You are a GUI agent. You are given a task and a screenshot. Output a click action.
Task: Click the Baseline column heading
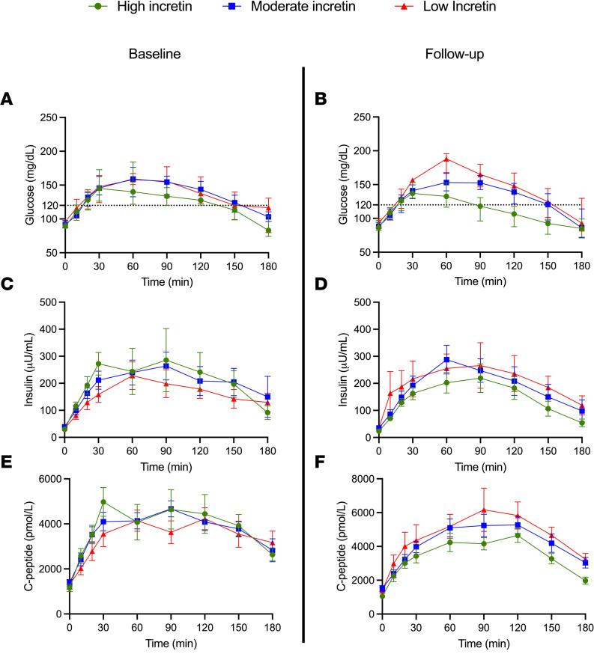(x=154, y=55)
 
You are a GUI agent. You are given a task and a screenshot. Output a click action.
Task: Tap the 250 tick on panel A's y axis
(x=50, y=117)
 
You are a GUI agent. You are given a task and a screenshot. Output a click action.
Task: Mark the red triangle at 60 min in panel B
(x=446, y=159)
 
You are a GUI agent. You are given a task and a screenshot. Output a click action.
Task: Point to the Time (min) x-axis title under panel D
(x=481, y=459)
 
